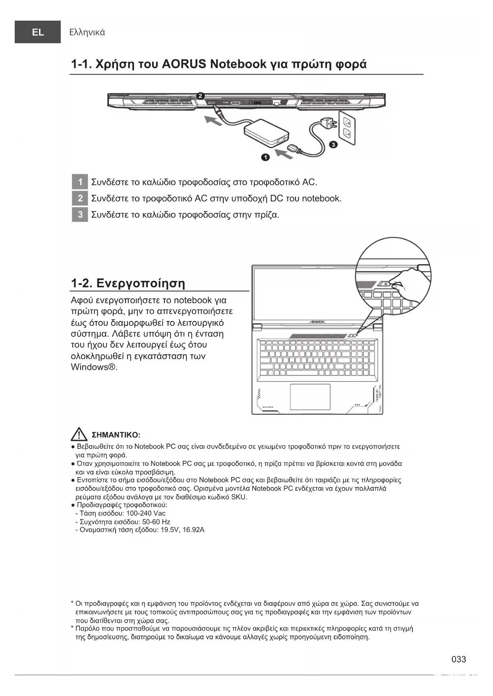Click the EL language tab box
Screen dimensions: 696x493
38,32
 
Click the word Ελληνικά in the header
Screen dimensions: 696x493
87,32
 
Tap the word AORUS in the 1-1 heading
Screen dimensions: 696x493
184,64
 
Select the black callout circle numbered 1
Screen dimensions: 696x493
265,158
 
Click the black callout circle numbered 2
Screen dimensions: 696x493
201,96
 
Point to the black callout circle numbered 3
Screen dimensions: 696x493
334,144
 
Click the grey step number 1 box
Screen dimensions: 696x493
80,182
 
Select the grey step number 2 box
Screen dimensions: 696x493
80,198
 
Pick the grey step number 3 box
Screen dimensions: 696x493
80,215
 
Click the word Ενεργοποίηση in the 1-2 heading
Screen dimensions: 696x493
141,283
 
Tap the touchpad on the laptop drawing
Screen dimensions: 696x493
310,397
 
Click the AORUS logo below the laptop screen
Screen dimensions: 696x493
317,322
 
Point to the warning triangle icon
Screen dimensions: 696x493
79,435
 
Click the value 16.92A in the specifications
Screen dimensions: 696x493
193,530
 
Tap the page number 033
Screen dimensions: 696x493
459,659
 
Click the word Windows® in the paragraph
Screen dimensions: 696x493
94,367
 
